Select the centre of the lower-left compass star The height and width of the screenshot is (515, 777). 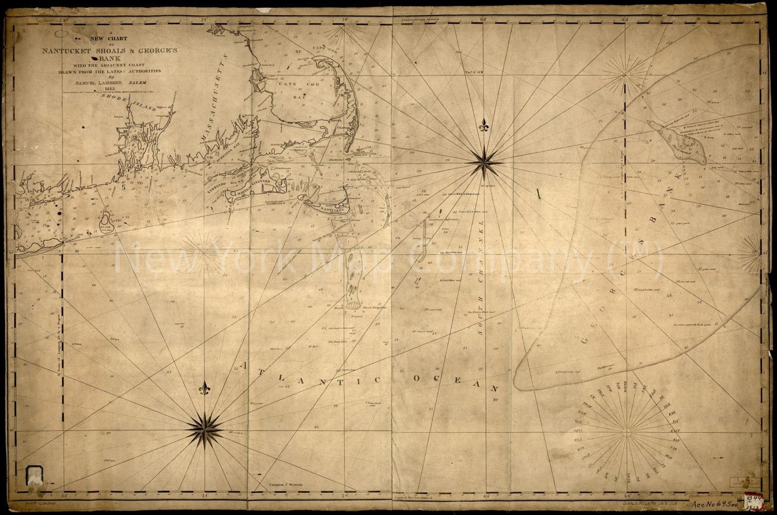(x=204, y=429)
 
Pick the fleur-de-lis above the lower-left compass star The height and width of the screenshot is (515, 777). (x=205, y=389)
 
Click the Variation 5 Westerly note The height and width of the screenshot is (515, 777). (x=286, y=485)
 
